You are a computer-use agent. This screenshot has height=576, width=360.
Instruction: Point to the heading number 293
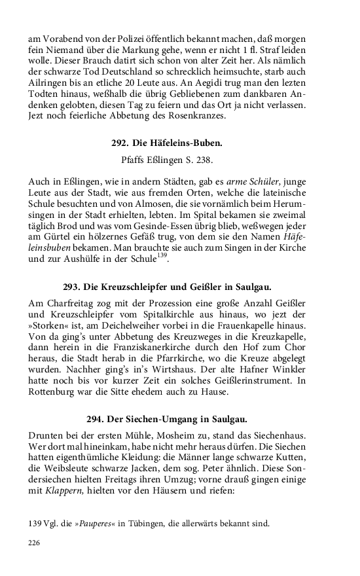(72, 287)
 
